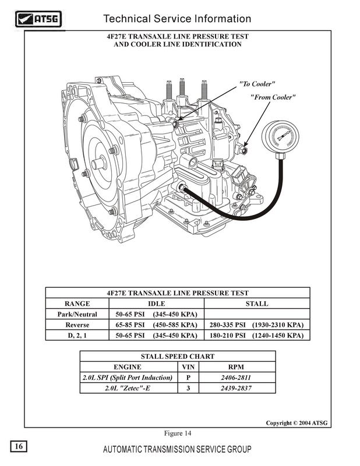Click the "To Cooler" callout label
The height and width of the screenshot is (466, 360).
tap(257, 84)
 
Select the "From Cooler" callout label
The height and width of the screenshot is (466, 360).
tap(273, 97)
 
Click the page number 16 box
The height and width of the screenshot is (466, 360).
tap(18, 446)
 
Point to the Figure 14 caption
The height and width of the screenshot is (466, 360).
tap(178, 433)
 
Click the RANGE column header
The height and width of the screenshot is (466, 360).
tap(77, 303)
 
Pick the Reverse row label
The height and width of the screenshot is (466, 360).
tap(77, 324)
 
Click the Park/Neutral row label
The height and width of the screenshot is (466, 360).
tap(77, 314)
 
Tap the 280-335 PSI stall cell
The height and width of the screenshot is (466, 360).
tap(256, 324)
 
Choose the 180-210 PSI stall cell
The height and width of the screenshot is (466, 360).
tap(256, 335)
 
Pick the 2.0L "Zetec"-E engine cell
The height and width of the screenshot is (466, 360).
tap(128, 388)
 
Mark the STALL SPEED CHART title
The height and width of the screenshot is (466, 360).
tap(178, 356)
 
